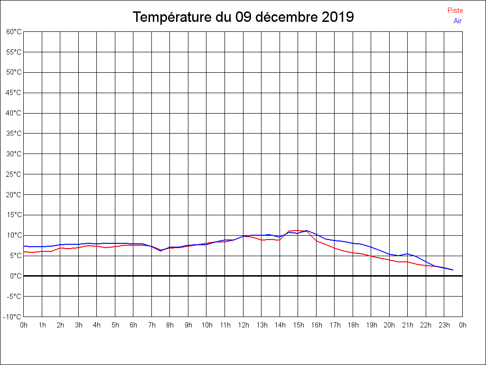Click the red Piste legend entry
tap(455, 10)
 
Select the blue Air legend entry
tap(458, 20)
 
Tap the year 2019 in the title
tap(337, 17)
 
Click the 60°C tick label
tap(14, 31)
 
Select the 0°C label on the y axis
tap(16, 276)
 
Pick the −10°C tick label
tap(13, 317)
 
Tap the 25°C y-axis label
tap(14, 174)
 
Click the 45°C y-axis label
tap(14, 93)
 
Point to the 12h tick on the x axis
tap(243, 325)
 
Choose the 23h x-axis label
tap(444, 325)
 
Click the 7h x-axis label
tap(152, 325)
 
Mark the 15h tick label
tap(298, 325)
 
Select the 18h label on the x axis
tap(353, 325)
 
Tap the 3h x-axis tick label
tap(79, 325)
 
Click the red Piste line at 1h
tap(42, 251)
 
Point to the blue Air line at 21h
tap(408, 254)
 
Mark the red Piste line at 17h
tap(335, 248)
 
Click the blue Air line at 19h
tap(371, 247)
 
